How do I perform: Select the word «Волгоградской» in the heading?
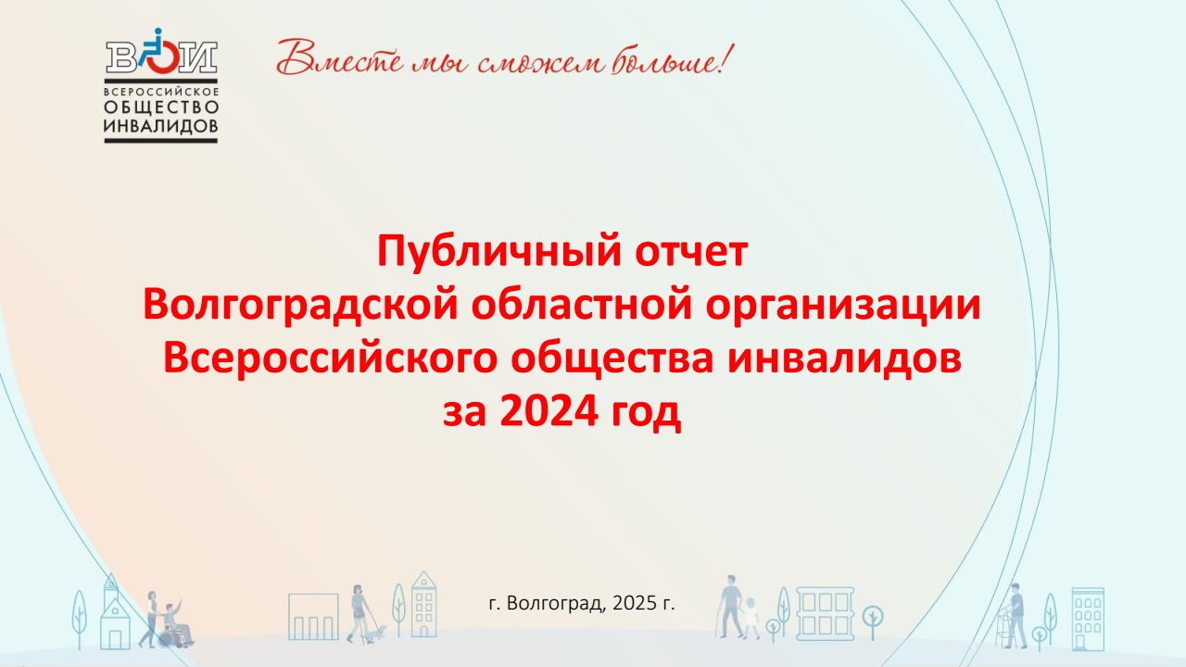click(300, 306)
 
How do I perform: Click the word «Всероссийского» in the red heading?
click(331, 359)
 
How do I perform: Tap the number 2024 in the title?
click(549, 412)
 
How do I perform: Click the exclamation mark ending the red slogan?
click(727, 58)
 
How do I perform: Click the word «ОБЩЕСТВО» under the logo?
click(161, 107)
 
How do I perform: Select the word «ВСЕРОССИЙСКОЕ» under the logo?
click(161, 92)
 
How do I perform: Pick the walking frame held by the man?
click(1005, 628)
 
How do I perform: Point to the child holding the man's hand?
click(751, 618)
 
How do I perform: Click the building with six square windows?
click(825, 613)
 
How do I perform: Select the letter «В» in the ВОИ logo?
click(121, 57)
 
